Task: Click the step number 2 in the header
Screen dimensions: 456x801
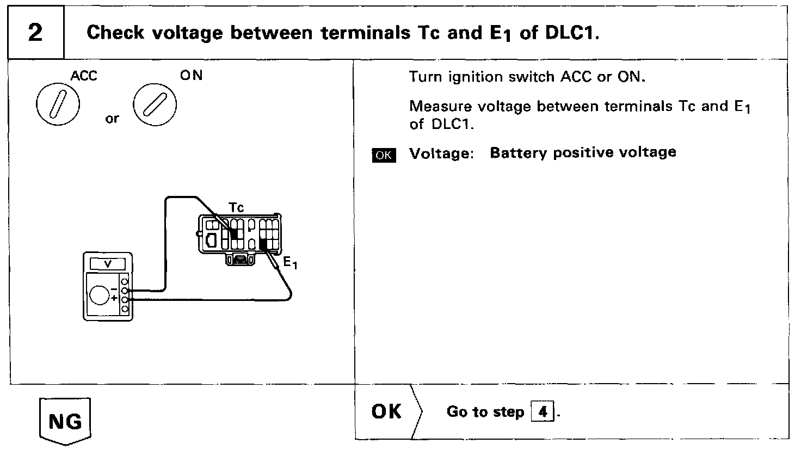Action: [35, 33]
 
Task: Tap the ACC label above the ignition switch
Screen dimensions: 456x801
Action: [84, 76]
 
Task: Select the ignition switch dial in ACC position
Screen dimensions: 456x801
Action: [58, 104]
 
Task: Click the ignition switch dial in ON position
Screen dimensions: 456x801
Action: [155, 103]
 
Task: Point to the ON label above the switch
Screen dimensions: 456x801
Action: [191, 76]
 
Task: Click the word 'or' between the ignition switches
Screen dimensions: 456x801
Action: [112, 119]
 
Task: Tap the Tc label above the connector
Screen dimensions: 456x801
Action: [236, 207]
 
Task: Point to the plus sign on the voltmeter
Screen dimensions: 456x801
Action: [114, 299]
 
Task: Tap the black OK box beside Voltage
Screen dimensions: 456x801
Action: [384, 155]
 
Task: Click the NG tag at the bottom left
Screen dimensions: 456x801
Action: [66, 422]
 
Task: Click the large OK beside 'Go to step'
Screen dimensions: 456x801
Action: [386, 412]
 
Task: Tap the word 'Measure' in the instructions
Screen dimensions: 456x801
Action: [440, 106]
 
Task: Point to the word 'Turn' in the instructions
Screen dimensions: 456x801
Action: [426, 77]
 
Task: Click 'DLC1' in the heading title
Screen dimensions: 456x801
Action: [570, 33]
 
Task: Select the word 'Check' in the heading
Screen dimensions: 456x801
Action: [115, 33]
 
